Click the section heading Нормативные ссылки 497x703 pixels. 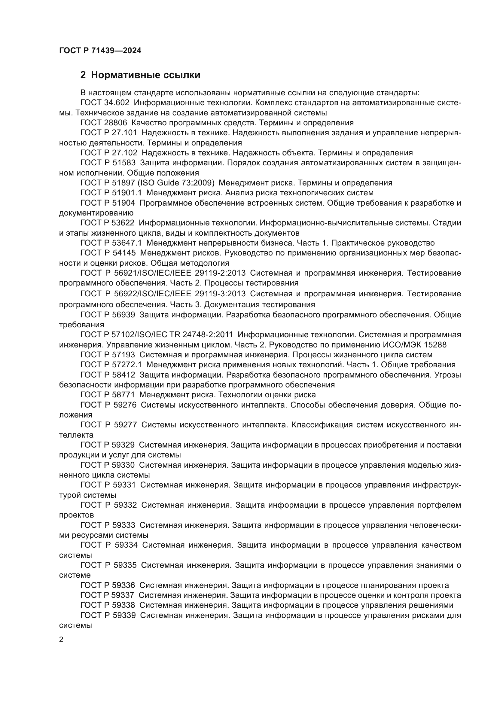coord(145,75)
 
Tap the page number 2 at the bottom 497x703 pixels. coord(61,640)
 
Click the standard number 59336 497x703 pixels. coord(123,585)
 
